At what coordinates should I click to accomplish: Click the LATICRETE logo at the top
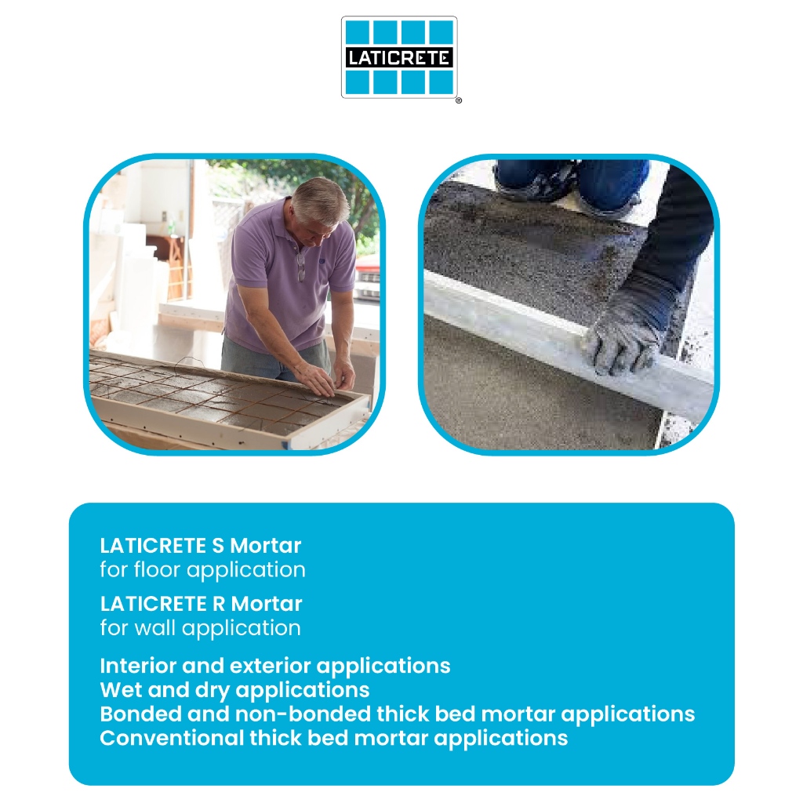[399, 56]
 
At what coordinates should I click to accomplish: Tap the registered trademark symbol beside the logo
[458, 100]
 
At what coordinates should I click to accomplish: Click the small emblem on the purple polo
[322, 261]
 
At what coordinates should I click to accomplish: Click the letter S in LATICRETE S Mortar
[218, 546]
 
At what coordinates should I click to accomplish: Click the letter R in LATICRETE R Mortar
[219, 605]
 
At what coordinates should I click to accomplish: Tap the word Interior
[138, 666]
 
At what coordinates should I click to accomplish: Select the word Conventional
[172, 738]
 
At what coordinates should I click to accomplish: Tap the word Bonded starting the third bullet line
[140, 714]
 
